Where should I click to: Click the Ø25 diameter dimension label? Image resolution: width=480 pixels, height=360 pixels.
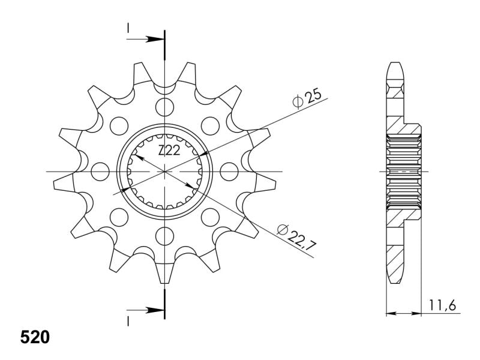(307, 98)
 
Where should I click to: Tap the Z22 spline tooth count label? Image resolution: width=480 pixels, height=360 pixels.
(169, 150)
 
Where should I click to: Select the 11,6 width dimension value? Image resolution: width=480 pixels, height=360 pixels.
(442, 305)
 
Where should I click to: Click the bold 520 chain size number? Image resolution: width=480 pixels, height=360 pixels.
(35, 337)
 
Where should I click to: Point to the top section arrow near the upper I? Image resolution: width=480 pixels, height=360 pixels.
(145, 39)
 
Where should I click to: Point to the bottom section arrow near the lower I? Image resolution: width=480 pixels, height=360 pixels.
(145, 310)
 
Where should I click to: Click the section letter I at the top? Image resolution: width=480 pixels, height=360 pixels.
(128, 28)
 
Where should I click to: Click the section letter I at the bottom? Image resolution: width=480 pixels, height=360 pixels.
(128, 321)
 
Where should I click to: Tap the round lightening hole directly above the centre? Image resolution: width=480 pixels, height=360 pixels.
(164, 107)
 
